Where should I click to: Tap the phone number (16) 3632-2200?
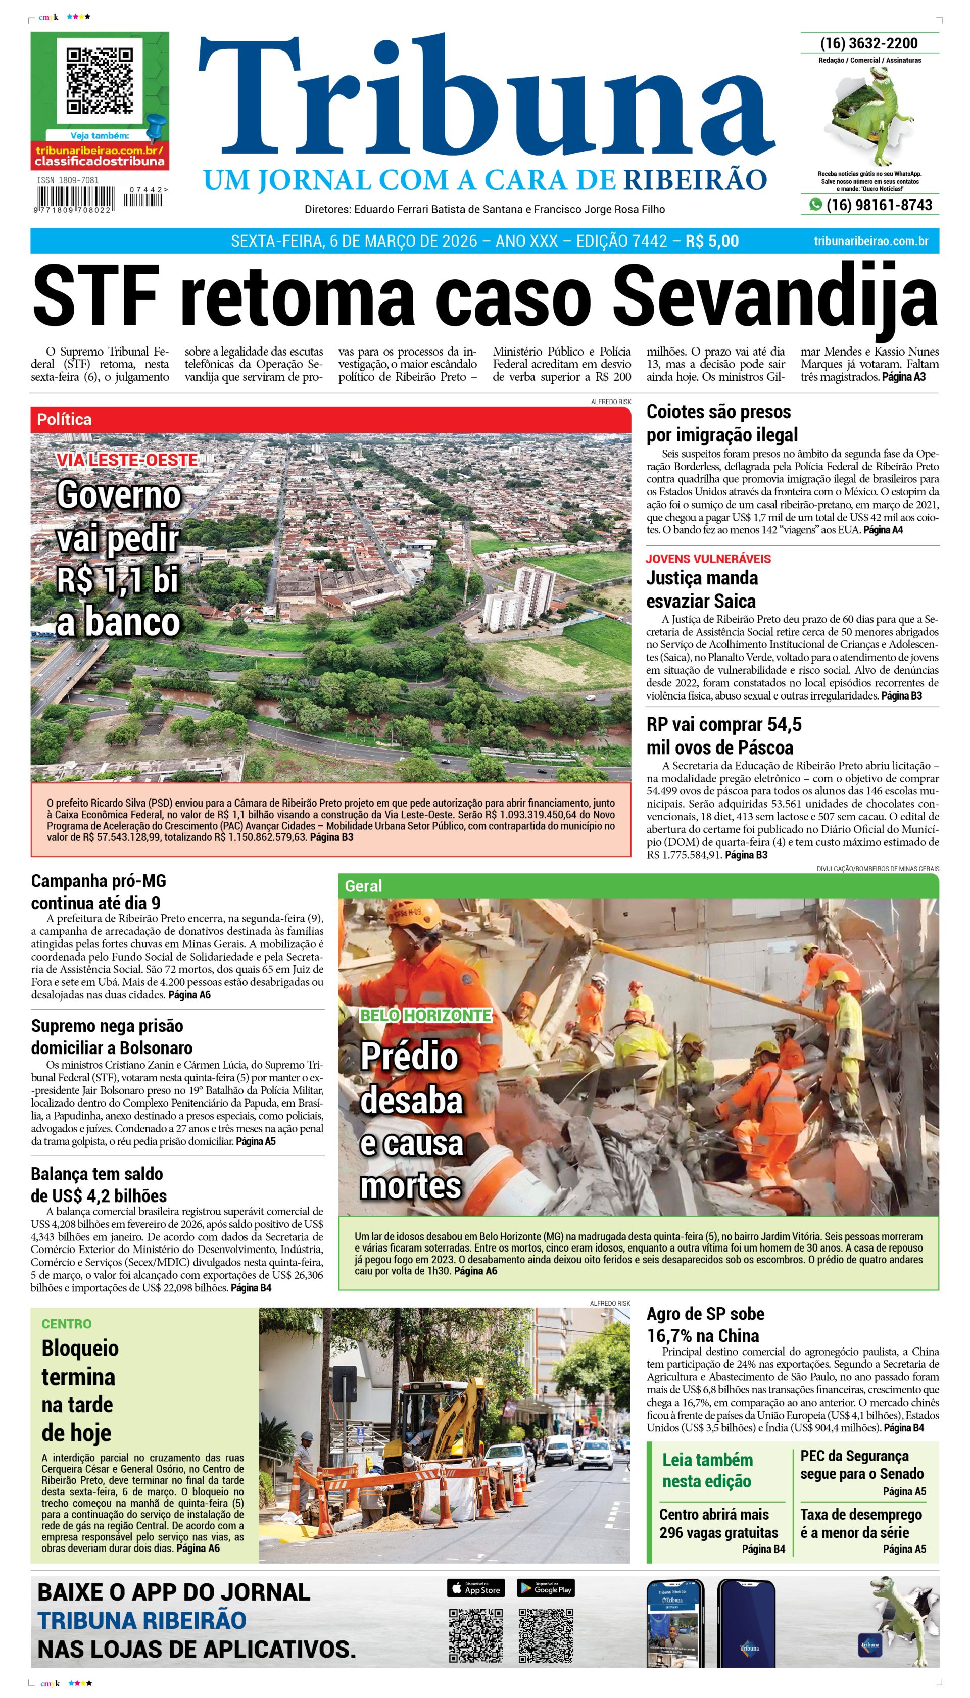coord(869,43)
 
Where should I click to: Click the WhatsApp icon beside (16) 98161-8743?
coord(815,205)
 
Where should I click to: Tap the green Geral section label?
coord(363,886)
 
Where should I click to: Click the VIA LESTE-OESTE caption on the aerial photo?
coord(127,460)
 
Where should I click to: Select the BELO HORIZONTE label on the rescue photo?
coord(425,1015)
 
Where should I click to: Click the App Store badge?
coord(476,1588)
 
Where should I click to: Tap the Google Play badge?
coord(545,1588)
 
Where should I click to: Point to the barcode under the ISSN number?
coord(75,198)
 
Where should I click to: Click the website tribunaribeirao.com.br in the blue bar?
coord(871,241)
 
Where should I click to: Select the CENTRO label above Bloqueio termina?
coord(67,1324)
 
